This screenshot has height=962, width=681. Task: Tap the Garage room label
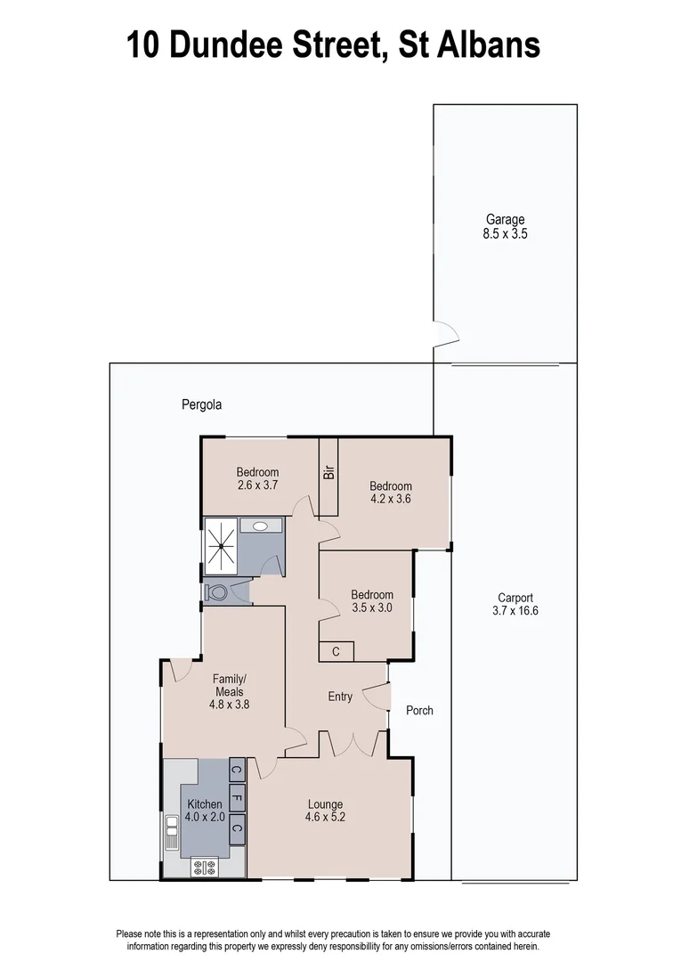505,219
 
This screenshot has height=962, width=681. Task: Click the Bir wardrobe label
328,473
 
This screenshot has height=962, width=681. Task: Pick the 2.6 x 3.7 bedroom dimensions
258,485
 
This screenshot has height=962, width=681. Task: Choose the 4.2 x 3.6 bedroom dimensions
391,499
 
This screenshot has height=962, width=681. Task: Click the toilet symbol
216,591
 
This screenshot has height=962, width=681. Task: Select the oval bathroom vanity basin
260,526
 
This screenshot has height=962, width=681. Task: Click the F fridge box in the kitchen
238,798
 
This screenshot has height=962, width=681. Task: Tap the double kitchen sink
171,836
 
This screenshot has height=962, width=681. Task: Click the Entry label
340,697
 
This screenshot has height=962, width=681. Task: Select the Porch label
419,710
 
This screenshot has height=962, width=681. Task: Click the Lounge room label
325,804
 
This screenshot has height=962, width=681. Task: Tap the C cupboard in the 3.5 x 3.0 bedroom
336,652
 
